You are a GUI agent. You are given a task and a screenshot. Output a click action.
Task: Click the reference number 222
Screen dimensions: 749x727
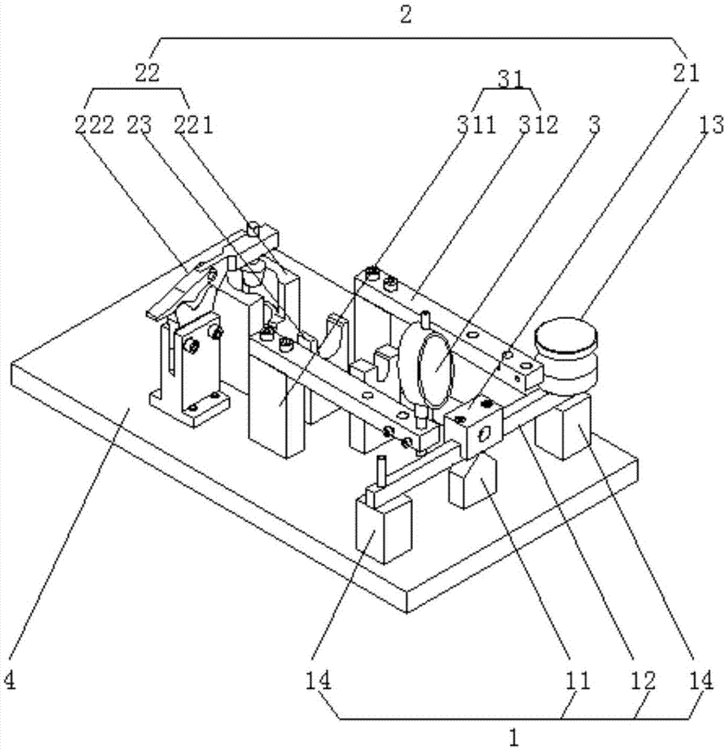(x=93, y=125)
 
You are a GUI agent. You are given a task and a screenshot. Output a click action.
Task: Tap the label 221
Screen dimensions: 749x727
(x=194, y=125)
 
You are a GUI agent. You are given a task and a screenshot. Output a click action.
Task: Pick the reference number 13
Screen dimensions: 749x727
(x=705, y=125)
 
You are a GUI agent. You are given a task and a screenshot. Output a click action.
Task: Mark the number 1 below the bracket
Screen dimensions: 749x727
(x=513, y=738)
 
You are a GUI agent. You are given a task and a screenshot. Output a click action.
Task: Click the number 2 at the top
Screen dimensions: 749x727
(x=405, y=15)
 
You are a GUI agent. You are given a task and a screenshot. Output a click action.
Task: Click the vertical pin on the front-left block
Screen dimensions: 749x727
(x=382, y=472)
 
